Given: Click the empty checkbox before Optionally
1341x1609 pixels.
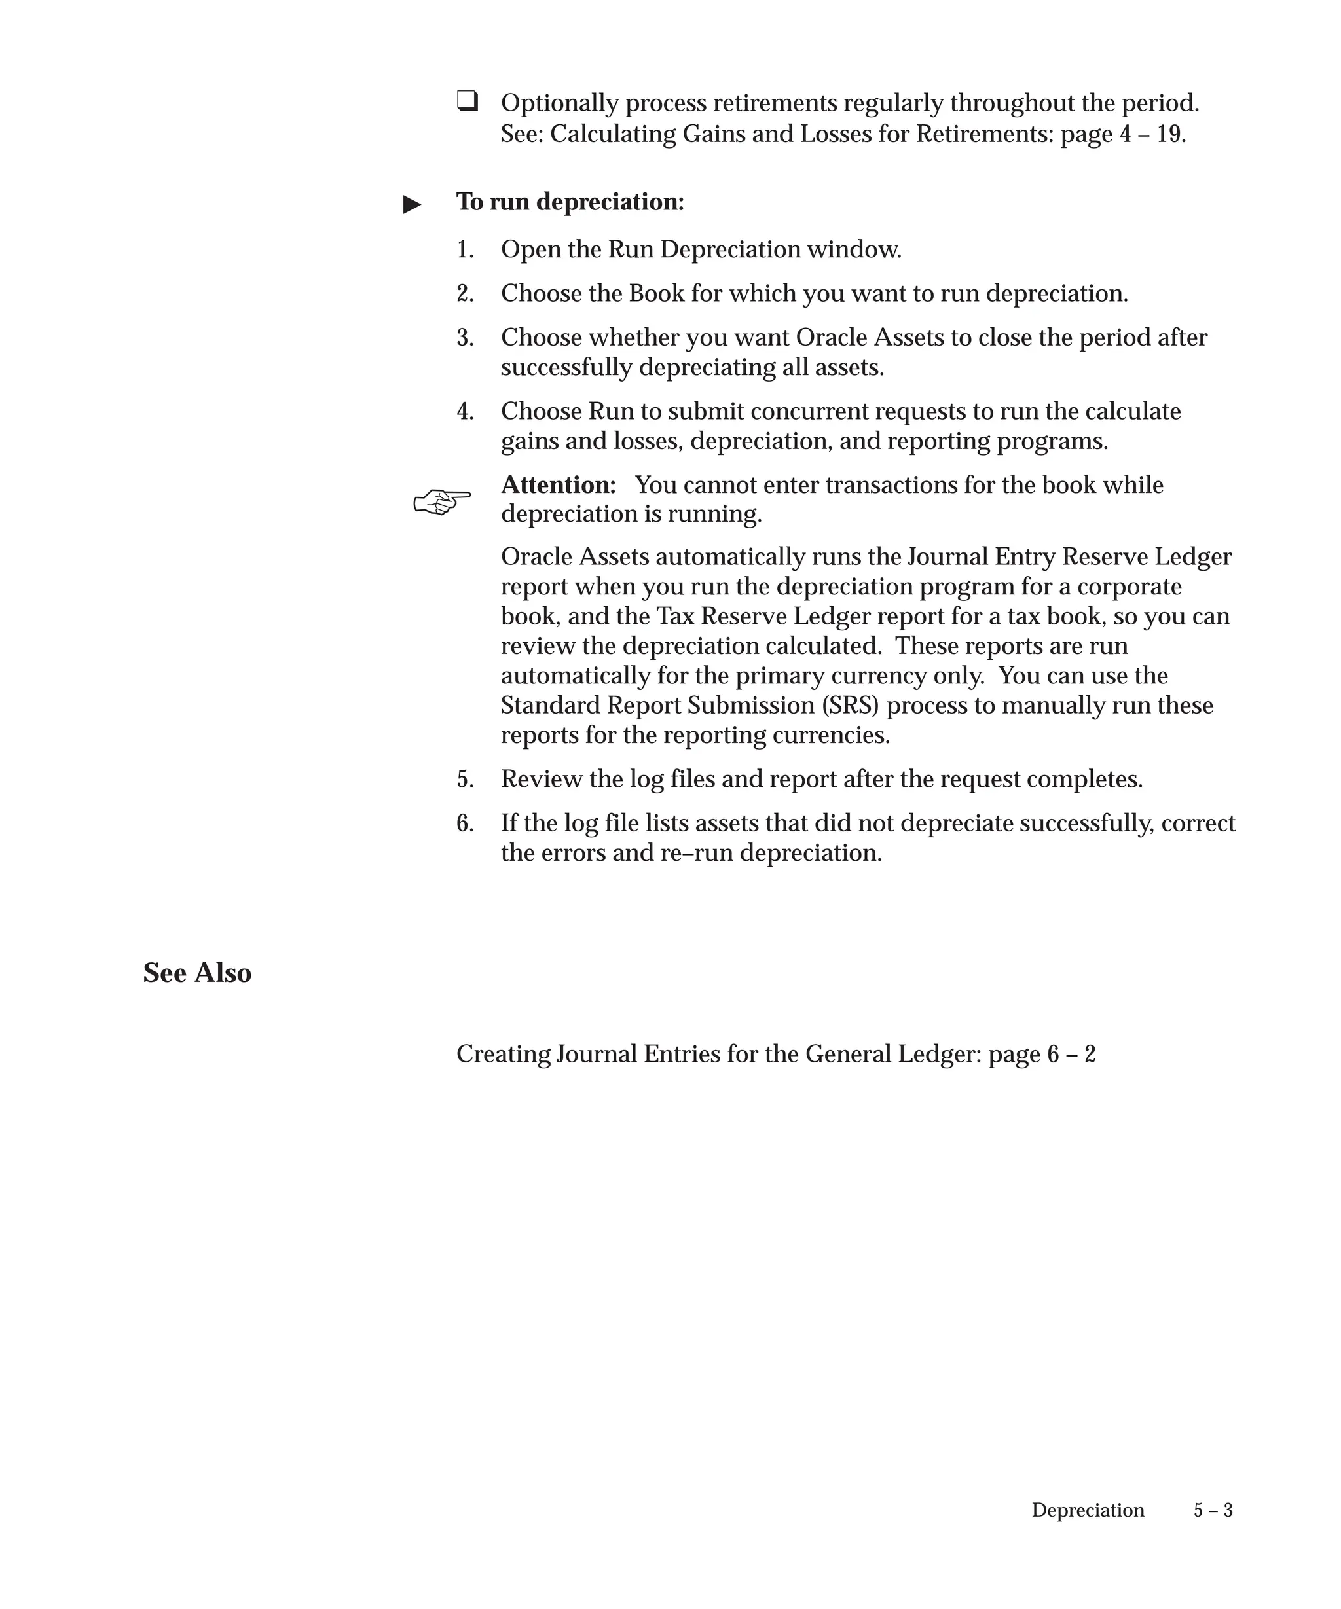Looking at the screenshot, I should pos(468,100).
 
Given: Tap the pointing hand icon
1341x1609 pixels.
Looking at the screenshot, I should pos(442,502).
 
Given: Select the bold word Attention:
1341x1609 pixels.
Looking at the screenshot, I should pos(559,485).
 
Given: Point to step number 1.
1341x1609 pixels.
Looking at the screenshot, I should pos(465,250).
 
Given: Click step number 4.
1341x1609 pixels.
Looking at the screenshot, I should pos(465,412).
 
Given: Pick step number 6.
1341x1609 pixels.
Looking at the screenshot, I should pos(465,823).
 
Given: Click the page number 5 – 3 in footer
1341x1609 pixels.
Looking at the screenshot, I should pos(1213,1510).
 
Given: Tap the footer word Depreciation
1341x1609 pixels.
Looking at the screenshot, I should pos(1088,1510).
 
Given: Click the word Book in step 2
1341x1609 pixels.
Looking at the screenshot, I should pos(657,293).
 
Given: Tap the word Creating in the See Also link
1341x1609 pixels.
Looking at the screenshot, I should pos(503,1055).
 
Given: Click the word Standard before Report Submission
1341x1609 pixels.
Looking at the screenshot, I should pos(550,705).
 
